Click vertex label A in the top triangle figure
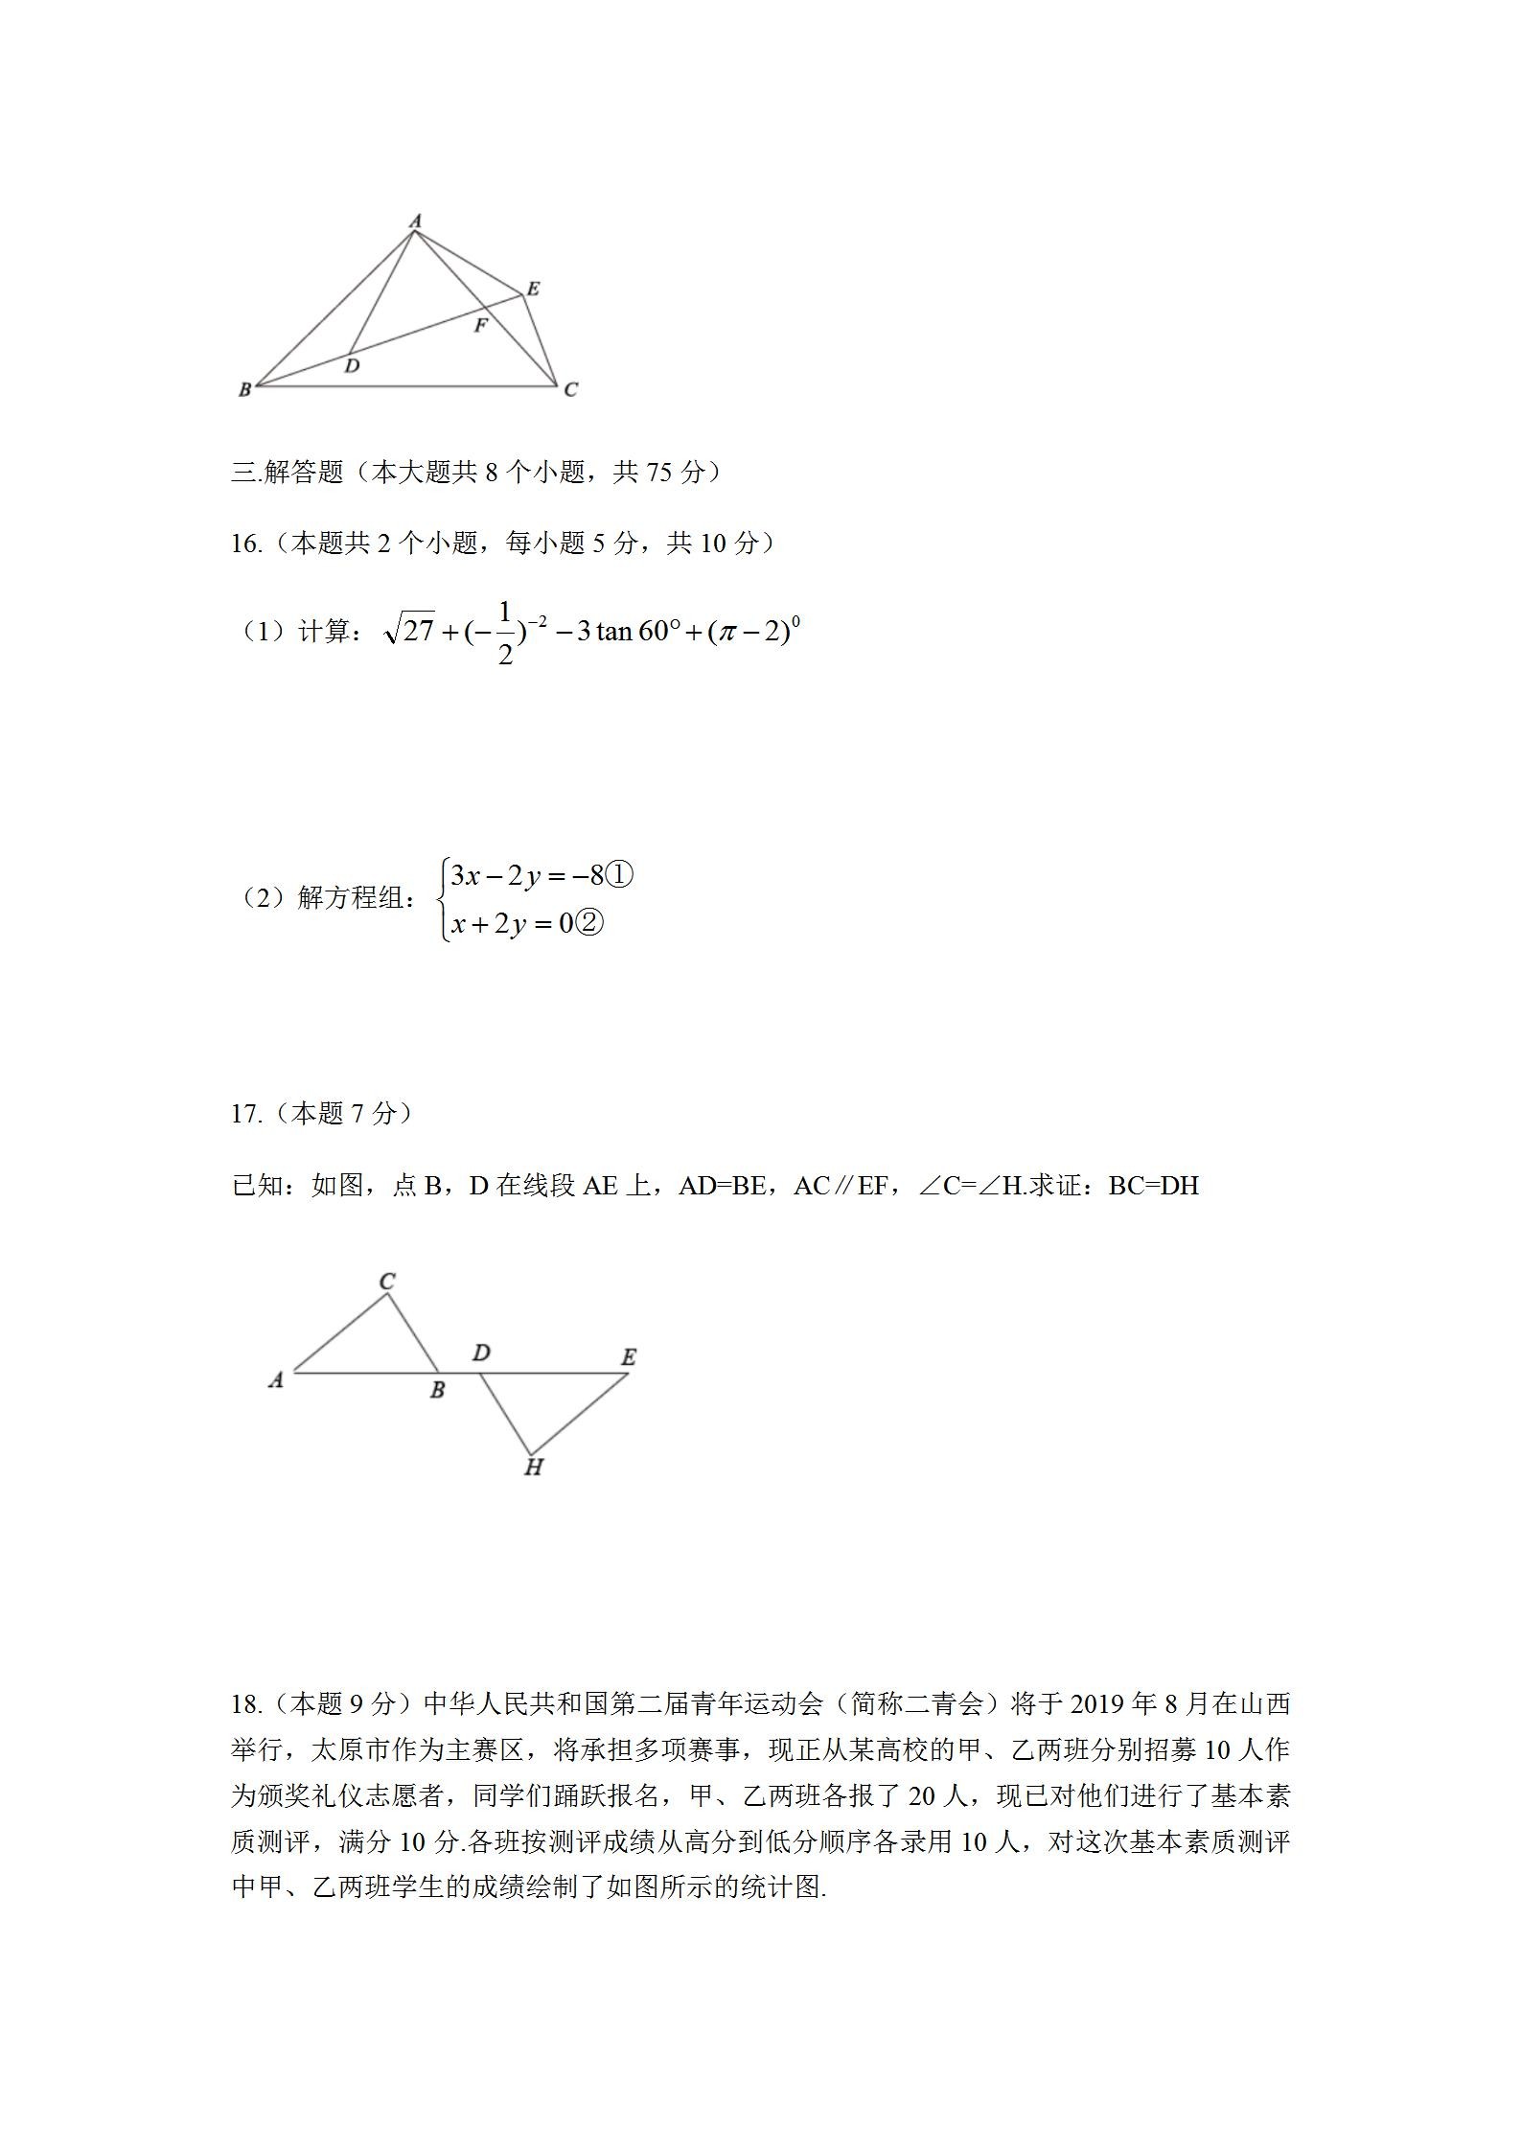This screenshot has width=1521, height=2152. tap(415, 221)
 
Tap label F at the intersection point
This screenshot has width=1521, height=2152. tap(480, 326)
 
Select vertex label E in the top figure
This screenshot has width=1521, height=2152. tap(533, 289)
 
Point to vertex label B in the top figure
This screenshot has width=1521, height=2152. tap(244, 389)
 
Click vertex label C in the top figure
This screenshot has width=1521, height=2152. tap(570, 389)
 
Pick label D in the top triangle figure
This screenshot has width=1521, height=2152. tap(352, 365)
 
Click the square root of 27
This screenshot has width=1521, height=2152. tap(409, 630)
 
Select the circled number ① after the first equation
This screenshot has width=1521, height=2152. tap(620, 875)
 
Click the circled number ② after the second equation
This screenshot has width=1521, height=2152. tap(589, 923)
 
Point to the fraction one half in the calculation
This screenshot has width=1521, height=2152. tap(505, 633)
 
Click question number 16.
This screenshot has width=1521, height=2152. tap(245, 544)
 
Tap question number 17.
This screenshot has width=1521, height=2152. tap(245, 1113)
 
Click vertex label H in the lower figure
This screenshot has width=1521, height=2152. tap(534, 1467)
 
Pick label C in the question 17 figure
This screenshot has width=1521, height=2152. tap(387, 1281)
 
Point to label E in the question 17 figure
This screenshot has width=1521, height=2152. tap(629, 1356)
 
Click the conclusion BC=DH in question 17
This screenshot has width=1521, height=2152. tap(1153, 1186)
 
